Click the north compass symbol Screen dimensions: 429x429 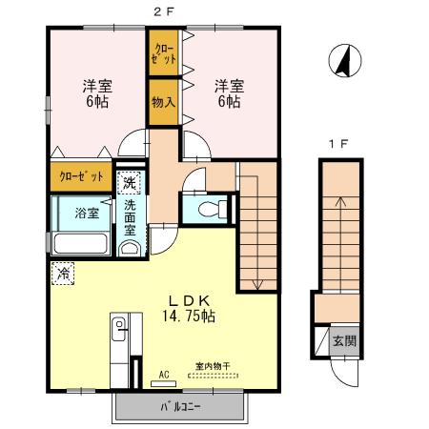(342, 63)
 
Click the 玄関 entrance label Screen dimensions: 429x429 (345, 340)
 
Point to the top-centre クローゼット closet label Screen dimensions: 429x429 (163, 52)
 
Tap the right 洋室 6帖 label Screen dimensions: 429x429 (229, 92)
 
